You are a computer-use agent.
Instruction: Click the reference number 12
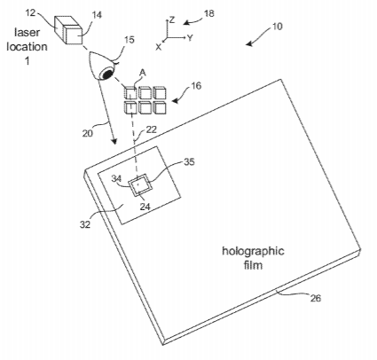click(30, 12)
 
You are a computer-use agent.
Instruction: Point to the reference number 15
click(129, 39)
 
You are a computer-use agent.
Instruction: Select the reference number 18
click(208, 13)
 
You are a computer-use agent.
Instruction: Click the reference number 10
click(277, 27)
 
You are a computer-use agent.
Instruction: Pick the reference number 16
click(195, 86)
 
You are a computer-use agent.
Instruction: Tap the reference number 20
click(88, 133)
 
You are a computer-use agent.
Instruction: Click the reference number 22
click(151, 129)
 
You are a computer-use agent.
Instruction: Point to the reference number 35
click(189, 161)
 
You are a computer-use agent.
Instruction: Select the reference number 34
click(117, 178)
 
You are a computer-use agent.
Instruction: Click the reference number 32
click(85, 224)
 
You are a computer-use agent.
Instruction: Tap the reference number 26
click(315, 298)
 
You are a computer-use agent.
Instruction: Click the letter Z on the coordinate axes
click(172, 20)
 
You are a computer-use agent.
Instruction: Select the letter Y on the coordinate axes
click(190, 37)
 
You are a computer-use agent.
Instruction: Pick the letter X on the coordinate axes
click(159, 47)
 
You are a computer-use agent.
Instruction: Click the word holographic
click(253, 252)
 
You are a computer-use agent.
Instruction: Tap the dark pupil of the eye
click(107, 74)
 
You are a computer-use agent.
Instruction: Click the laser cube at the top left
click(67, 30)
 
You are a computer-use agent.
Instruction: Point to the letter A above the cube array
click(143, 73)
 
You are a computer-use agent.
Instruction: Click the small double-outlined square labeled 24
click(139, 186)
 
